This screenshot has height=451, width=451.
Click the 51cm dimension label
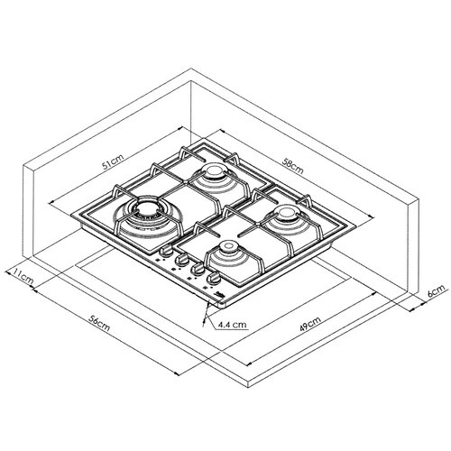pyautogui.click(x=113, y=162)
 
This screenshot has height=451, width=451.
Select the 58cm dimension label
pyautogui.click(x=293, y=166)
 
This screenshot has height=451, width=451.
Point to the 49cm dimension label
pyautogui.click(x=310, y=324)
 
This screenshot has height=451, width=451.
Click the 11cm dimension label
pyautogui.click(x=23, y=276)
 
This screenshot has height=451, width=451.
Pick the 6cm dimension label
pyautogui.click(x=436, y=290)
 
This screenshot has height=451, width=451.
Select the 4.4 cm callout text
pyautogui.click(x=233, y=325)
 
